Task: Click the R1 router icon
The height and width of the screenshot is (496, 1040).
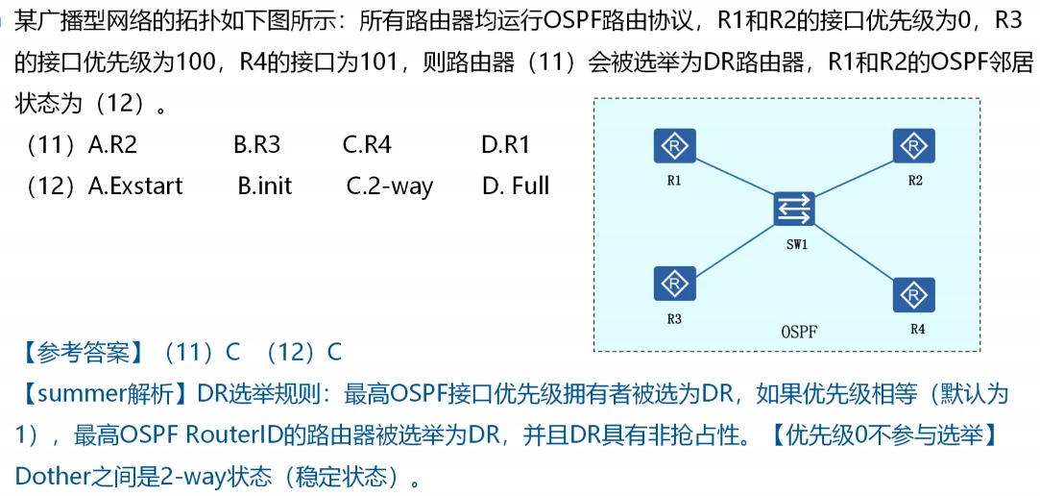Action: (675, 147)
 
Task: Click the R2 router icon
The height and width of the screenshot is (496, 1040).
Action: (914, 147)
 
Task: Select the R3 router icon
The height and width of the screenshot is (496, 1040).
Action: (675, 284)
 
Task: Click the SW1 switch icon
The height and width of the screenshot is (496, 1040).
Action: (796, 210)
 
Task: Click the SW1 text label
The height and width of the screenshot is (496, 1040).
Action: (797, 244)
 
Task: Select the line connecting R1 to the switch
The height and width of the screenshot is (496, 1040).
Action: (736, 178)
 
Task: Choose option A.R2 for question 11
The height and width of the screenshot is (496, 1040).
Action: (112, 145)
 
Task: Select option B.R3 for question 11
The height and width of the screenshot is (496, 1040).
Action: (256, 145)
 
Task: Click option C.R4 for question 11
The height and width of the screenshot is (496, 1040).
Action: (367, 145)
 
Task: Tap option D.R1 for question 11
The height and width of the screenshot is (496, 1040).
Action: (505, 145)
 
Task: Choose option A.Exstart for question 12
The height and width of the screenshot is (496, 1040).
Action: (134, 186)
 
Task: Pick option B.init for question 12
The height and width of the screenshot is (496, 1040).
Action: (265, 186)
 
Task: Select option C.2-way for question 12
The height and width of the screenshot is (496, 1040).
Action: (389, 186)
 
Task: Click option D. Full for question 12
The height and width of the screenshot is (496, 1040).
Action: (516, 186)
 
